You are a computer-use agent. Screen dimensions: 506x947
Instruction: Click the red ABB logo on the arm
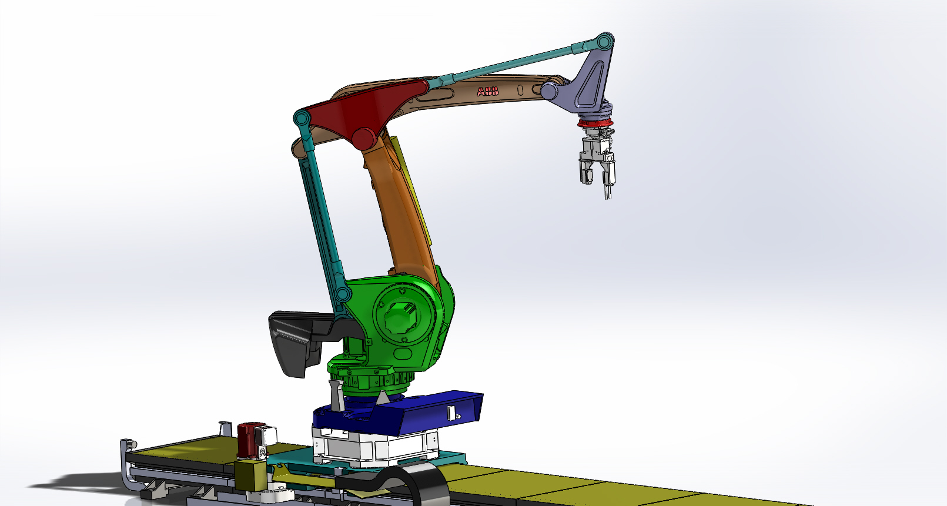(x=488, y=91)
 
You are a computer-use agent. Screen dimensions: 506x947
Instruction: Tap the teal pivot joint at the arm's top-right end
(x=603, y=43)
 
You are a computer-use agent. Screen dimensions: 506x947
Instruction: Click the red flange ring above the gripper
(x=595, y=123)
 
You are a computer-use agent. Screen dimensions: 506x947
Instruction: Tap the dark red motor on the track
(x=246, y=440)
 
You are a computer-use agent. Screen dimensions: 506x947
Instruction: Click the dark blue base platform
(x=411, y=411)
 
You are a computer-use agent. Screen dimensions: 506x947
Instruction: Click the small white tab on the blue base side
(x=451, y=413)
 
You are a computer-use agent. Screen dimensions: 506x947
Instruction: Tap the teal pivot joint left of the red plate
(x=302, y=119)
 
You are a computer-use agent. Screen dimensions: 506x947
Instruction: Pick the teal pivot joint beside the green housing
(x=342, y=294)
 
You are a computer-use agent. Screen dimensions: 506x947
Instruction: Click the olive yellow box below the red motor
(x=250, y=474)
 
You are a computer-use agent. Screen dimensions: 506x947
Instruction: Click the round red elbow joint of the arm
(x=364, y=139)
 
